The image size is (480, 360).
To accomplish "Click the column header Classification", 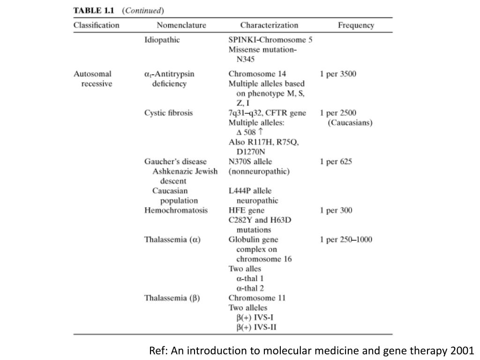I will (96, 25).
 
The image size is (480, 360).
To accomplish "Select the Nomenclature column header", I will (181, 25).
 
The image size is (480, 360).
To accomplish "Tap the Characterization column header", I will (269, 25).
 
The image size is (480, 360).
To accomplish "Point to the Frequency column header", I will (356, 25).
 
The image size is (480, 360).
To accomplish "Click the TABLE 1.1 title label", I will (94, 10).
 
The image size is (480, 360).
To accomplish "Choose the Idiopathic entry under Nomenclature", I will (162, 40).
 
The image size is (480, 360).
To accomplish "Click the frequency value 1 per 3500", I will (338, 74).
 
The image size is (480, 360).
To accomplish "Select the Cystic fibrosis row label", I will (168, 113).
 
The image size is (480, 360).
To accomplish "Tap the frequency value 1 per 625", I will (336, 162).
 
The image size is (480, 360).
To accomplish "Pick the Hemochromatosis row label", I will (176, 210).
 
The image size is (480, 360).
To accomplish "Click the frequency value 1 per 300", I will (336, 210).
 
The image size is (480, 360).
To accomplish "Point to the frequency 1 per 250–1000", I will (346, 240).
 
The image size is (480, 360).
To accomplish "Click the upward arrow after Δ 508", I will (261, 132).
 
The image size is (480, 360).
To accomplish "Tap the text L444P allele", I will (250, 191).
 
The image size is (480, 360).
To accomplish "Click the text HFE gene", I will (247, 210).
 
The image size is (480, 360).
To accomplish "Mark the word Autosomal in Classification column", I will (92, 74).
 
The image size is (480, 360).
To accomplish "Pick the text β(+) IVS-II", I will (256, 327).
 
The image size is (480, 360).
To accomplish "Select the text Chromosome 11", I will (257, 298).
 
